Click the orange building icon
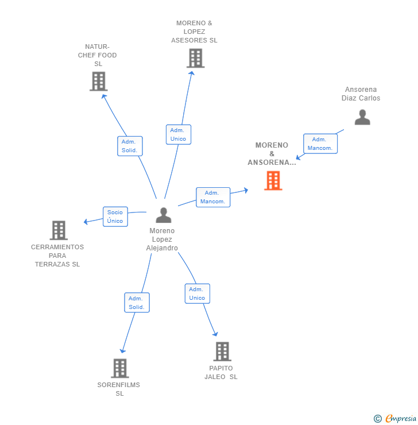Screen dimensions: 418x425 (x=273, y=180)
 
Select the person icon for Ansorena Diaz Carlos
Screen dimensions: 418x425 (x=362, y=117)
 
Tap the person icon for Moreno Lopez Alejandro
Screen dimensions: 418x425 (x=164, y=215)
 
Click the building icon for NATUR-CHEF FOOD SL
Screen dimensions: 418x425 (x=99, y=82)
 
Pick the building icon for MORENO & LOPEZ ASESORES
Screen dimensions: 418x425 (x=195, y=58)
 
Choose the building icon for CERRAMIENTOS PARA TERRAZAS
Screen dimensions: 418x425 (x=59, y=230)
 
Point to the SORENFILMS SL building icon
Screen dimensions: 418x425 (x=120, y=368)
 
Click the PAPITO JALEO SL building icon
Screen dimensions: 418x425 (x=222, y=351)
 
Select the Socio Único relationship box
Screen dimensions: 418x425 (x=115, y=217)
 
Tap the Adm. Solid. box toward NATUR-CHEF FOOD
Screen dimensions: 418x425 (x=130, y=146)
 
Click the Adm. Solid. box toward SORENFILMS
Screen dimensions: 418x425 (x=137, y=303)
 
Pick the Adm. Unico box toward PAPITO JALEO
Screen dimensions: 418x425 (x=197, y=293)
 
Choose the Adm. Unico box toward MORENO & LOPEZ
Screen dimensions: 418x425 (x=178, y=134)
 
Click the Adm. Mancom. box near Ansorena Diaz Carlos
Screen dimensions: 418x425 (x=320, y=144)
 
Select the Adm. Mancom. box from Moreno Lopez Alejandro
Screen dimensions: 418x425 (x=213, y=198)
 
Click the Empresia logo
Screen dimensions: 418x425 (x=395, y=419)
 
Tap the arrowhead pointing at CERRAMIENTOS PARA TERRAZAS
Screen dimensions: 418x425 (x=86, y=222)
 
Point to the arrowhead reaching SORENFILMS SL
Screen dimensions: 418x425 (x=122, y=351)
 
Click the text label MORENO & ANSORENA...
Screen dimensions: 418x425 (x=272, y=154)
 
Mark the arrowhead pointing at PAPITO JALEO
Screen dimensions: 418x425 (x=215, y=334)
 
